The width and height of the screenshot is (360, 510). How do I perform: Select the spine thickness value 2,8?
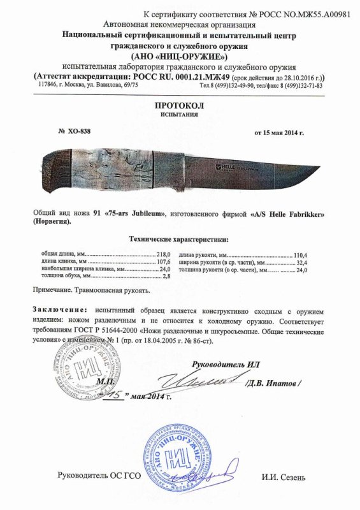point(169,277)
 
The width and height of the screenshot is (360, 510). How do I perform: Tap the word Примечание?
point(54,290)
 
